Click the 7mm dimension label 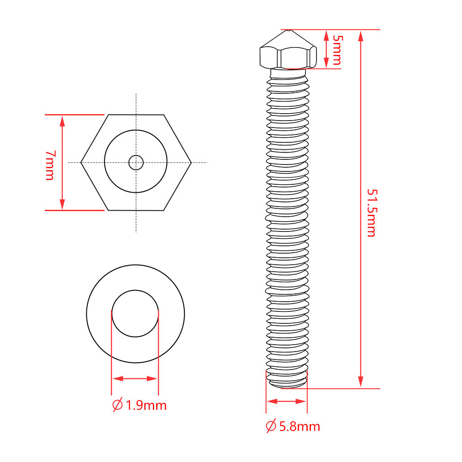pos(50,165)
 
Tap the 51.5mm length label pos(371,213)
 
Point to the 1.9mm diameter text pos(146,406)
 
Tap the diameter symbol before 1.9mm pos(117,405)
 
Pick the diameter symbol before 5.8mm pos(271,426)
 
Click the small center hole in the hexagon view pos(136,163)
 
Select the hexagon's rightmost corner pos(192,163)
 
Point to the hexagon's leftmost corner pos(81,163)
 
